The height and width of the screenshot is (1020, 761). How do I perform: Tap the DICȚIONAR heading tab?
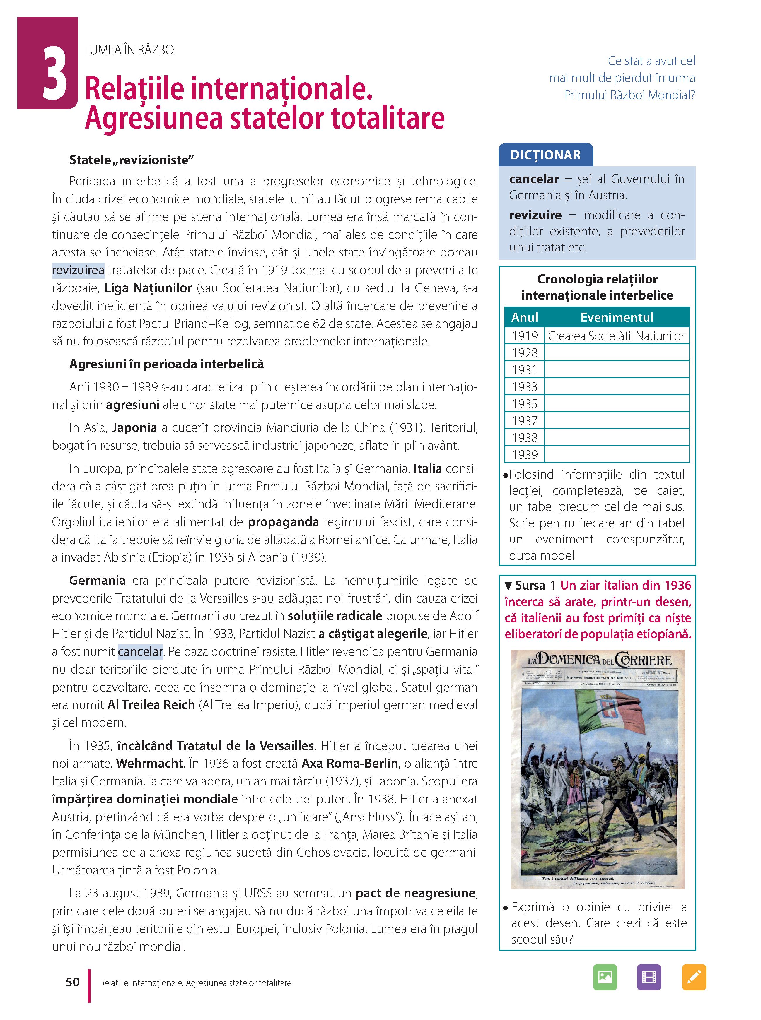click(545, 155)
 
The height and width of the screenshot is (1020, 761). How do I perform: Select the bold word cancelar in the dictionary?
click(533, 179)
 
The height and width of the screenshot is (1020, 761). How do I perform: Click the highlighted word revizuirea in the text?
click(78, 270)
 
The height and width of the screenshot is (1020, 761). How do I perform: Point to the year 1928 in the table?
click(525, 353)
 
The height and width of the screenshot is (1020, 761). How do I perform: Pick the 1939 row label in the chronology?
click(525, 455)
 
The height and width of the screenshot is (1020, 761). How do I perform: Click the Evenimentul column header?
click(616, 317)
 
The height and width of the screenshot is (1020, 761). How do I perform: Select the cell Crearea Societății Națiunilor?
click(616, 336)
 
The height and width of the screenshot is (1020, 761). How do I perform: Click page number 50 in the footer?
click(73, 982)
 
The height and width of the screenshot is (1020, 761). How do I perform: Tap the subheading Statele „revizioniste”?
click(131, 160)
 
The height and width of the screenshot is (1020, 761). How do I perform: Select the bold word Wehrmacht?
click(150, 764)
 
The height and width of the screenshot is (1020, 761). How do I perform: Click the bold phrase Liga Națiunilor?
click(148, 288)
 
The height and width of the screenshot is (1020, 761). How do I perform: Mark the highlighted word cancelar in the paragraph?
click(140, 652)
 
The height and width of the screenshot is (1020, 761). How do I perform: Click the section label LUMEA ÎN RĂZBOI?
click(130, 50)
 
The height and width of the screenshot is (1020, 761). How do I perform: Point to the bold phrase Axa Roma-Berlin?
click(350, 764)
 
